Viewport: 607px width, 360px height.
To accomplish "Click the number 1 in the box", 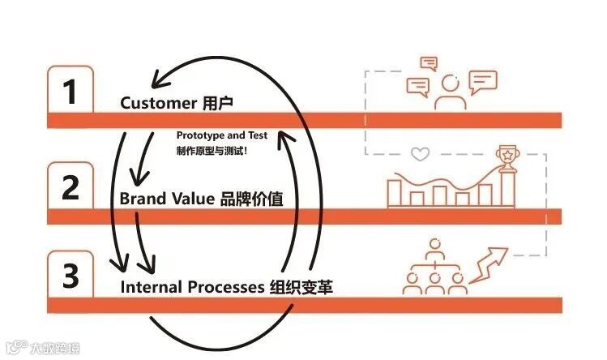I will click(71, 92).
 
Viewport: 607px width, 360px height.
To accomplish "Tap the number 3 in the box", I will click(71, 276).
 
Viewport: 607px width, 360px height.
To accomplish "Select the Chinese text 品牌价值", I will click(251, 198).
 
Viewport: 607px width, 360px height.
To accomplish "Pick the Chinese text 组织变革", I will click(301, 287).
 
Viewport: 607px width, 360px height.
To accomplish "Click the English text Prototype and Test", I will click(221, 135).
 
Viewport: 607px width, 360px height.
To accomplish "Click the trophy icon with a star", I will click(508, 158).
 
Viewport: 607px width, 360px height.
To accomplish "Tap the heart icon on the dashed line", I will click(419, 153).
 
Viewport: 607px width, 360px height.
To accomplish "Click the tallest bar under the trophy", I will click(508, 190).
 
